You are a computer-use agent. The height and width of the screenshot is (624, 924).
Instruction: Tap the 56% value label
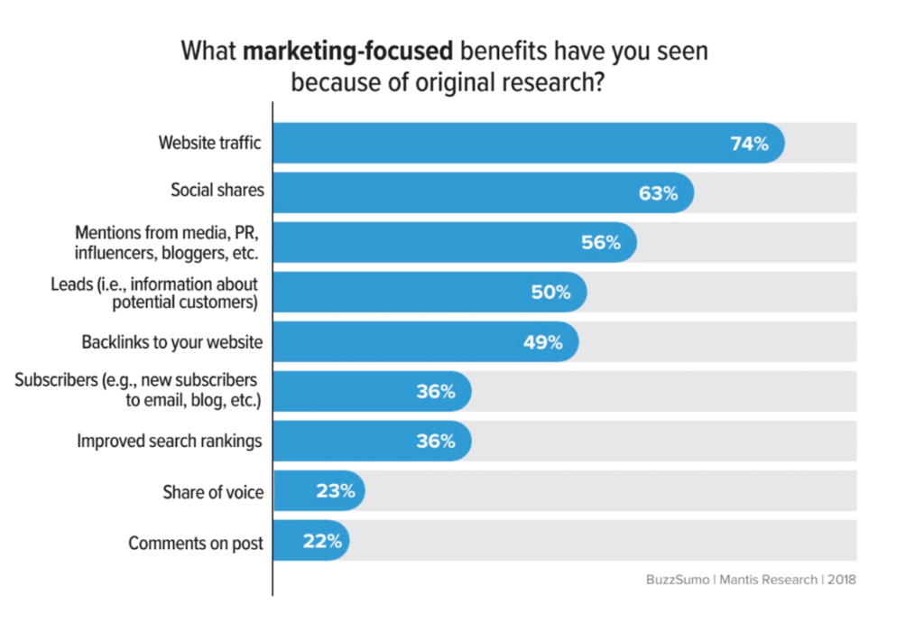[601, 242]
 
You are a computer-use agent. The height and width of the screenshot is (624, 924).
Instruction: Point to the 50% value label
[550, 293]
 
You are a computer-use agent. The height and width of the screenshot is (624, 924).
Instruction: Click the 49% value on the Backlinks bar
[542, 342]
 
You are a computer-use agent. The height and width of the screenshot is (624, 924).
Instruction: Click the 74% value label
[749, 143]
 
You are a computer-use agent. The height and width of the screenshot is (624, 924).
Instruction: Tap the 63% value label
[658, 192]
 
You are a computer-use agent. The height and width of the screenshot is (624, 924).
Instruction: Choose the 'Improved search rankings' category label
[170, 442]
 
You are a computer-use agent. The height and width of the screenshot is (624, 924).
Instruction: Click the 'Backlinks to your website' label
[172, 342]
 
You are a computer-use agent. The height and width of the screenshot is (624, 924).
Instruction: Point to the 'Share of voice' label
[214, 492]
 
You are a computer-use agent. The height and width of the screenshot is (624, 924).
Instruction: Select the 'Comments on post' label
[196, 543]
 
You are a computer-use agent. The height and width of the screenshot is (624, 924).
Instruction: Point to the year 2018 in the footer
[840, 580]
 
